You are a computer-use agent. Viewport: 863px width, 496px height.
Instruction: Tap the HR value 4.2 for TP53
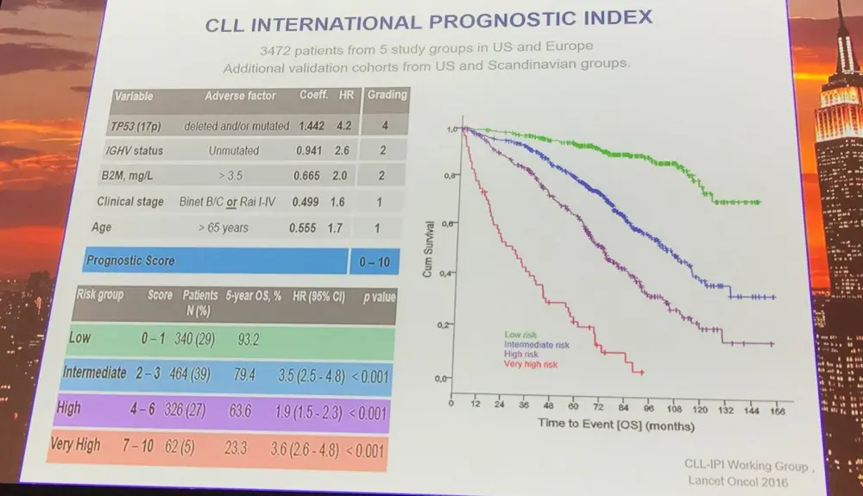[343, 125]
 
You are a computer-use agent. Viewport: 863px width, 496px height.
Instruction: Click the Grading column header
[386, 94]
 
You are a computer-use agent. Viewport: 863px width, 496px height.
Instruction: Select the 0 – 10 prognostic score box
[375, 261]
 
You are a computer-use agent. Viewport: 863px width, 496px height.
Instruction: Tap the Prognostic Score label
[130, 261]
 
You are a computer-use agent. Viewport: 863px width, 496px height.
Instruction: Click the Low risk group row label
[80, 337]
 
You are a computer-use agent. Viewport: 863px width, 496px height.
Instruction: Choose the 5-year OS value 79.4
[241, 375]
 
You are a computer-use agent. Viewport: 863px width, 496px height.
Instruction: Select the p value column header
[378, 297]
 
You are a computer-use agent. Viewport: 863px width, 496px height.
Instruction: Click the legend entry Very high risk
[533, 364]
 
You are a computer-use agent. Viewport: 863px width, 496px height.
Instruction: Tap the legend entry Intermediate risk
[537, 344]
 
